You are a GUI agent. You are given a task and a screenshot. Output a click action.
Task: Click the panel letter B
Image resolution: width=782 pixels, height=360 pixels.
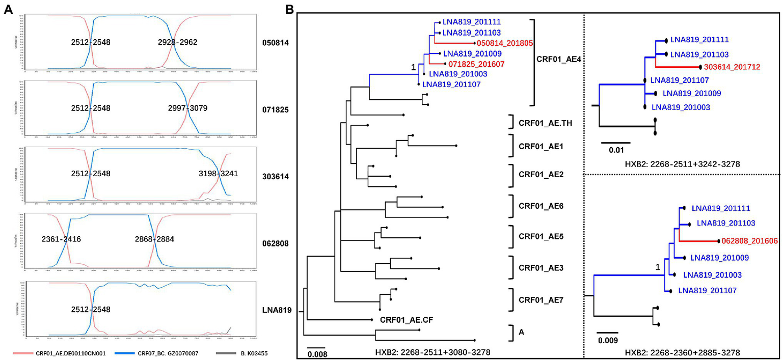click(x=289, y=9)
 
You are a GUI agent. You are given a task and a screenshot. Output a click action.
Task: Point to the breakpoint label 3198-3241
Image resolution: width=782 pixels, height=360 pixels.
click(x=219, y=174)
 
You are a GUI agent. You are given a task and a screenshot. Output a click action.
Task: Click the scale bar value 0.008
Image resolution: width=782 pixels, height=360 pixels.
click(x=316, y=354)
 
